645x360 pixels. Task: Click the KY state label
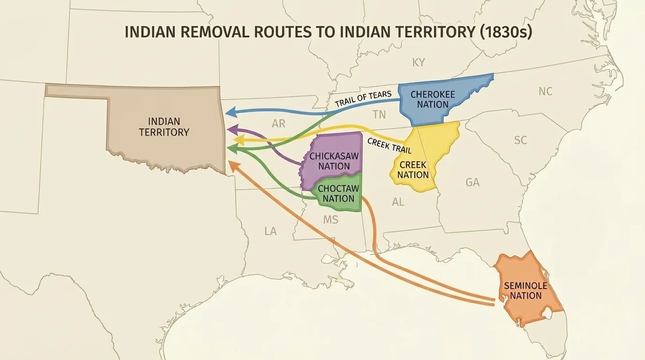(x=419, y=63)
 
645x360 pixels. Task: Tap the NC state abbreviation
(x=545, y=91)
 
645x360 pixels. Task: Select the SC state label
(x=520, y=140)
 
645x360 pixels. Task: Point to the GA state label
(x=472, y=182)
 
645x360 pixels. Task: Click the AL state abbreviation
(x=398, y=202)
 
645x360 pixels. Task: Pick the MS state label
(x=330, y=219)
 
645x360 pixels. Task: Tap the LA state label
(x=270, y=231)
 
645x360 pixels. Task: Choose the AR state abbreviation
(x=278, y=124)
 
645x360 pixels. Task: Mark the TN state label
(x=379, y=114)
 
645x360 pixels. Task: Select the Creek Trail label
(x=389, y=146)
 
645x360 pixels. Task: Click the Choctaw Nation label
(x=338, y=193)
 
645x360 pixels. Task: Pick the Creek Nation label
(x=413, y=170)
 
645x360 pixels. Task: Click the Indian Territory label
(x=164, y=127)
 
